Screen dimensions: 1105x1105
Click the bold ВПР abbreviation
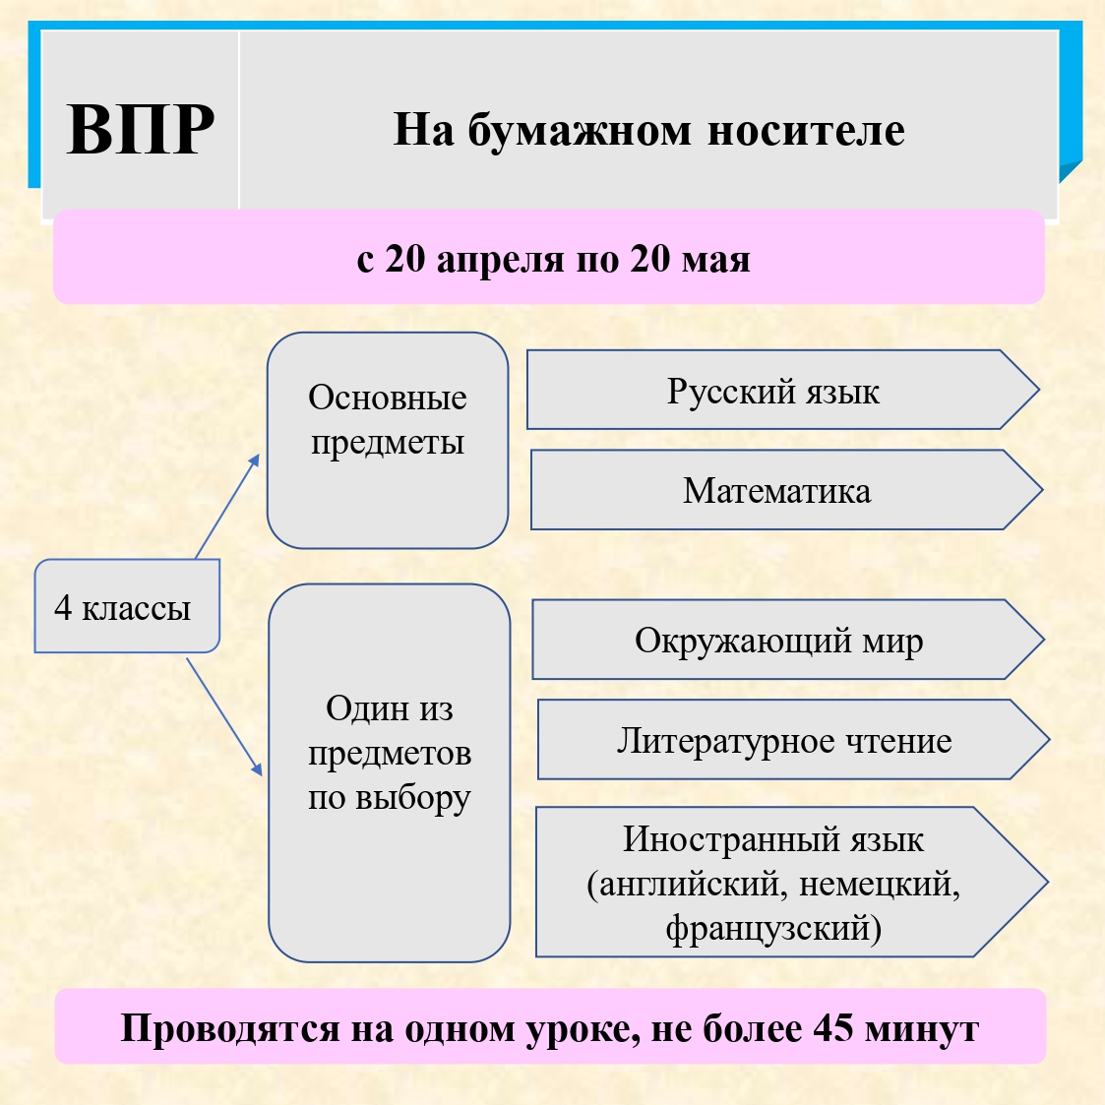141,130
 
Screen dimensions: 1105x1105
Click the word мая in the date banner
718,260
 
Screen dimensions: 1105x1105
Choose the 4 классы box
123,607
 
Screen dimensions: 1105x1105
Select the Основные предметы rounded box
388,440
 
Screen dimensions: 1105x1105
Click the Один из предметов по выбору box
390,772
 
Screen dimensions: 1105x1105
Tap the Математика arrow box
777,490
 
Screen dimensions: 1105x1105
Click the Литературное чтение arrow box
784,740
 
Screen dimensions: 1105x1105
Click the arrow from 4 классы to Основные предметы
227,506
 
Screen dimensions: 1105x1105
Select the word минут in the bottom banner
922,1028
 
